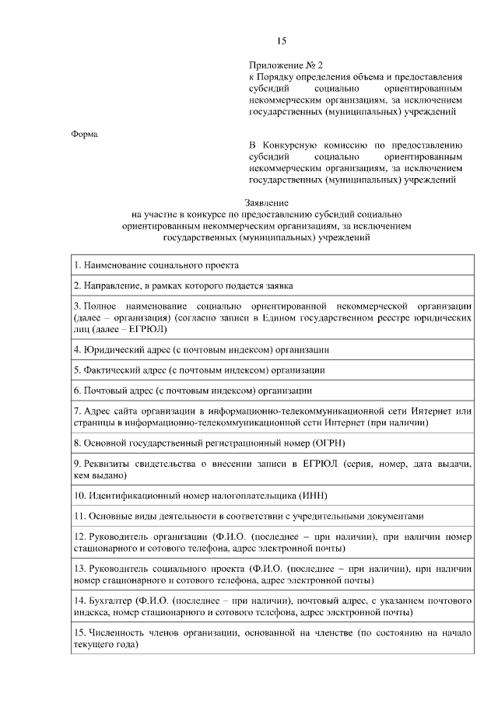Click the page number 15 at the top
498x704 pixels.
pos(282,40)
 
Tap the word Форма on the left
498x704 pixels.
pos(85,134)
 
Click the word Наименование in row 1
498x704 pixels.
pos(118,265)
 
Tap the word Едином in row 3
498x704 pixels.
pos(289,318)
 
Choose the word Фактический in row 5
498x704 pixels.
pos(116,370)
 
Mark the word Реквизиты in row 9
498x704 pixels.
pos(109,463)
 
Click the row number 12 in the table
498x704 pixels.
pos(79,537)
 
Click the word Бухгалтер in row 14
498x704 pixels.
pos(111,601)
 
